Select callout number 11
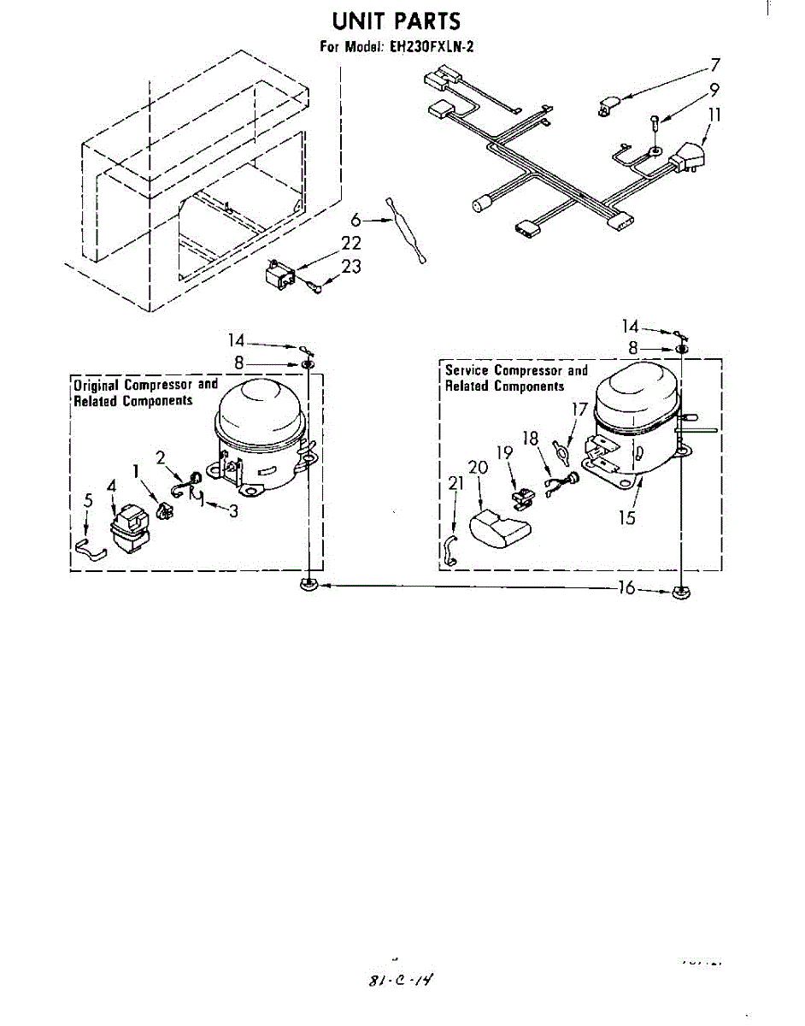(x=715, y=115)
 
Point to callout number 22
(x=351, y=244)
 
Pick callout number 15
(x=628, y=517)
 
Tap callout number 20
(x=478, y=469)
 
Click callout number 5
(x=87, y=501)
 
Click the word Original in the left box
(x=97, y=385)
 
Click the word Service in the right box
(x=467, y=370)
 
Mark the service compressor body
(x=636, y=419)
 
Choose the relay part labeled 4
(x=129, y=528)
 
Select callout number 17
(x=579, y=410)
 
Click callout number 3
(x=232, y=511)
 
